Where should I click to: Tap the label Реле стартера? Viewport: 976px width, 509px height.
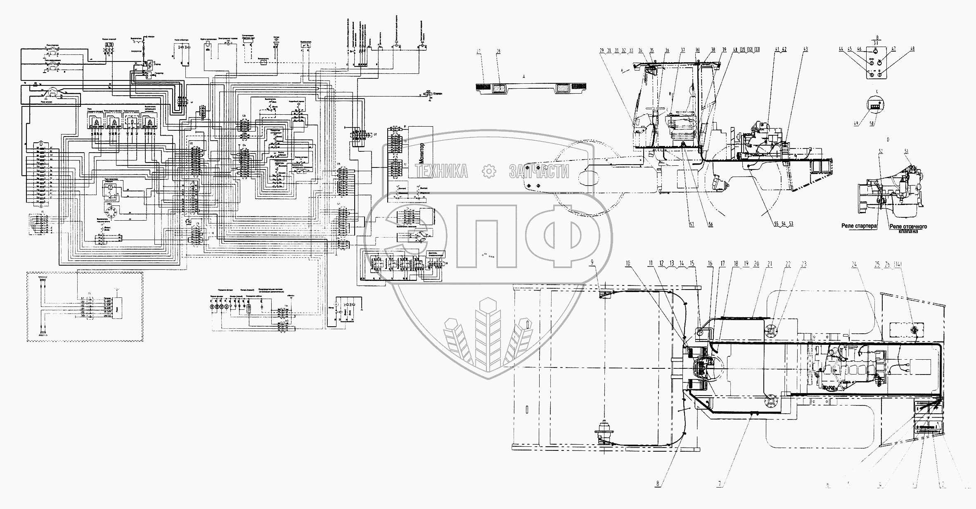coord(858,226)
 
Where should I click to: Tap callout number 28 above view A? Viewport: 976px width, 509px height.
coord(498,51)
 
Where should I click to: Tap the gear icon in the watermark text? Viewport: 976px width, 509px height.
coord(488,171)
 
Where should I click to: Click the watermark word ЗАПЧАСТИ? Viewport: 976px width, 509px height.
coord(539,171)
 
